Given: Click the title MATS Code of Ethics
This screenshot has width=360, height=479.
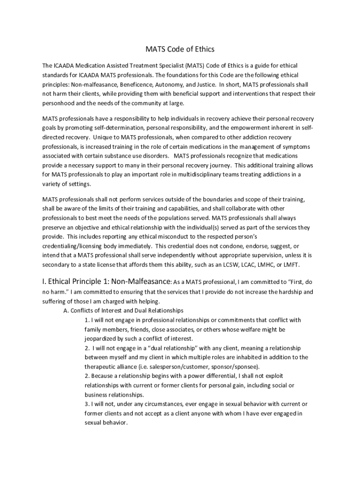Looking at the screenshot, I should pos(180,49).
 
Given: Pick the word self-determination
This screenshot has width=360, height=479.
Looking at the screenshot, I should pos(119,128).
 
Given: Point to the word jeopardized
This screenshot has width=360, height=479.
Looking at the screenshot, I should pos(102,339).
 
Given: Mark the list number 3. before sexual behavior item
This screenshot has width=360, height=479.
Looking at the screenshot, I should pos(87,404).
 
